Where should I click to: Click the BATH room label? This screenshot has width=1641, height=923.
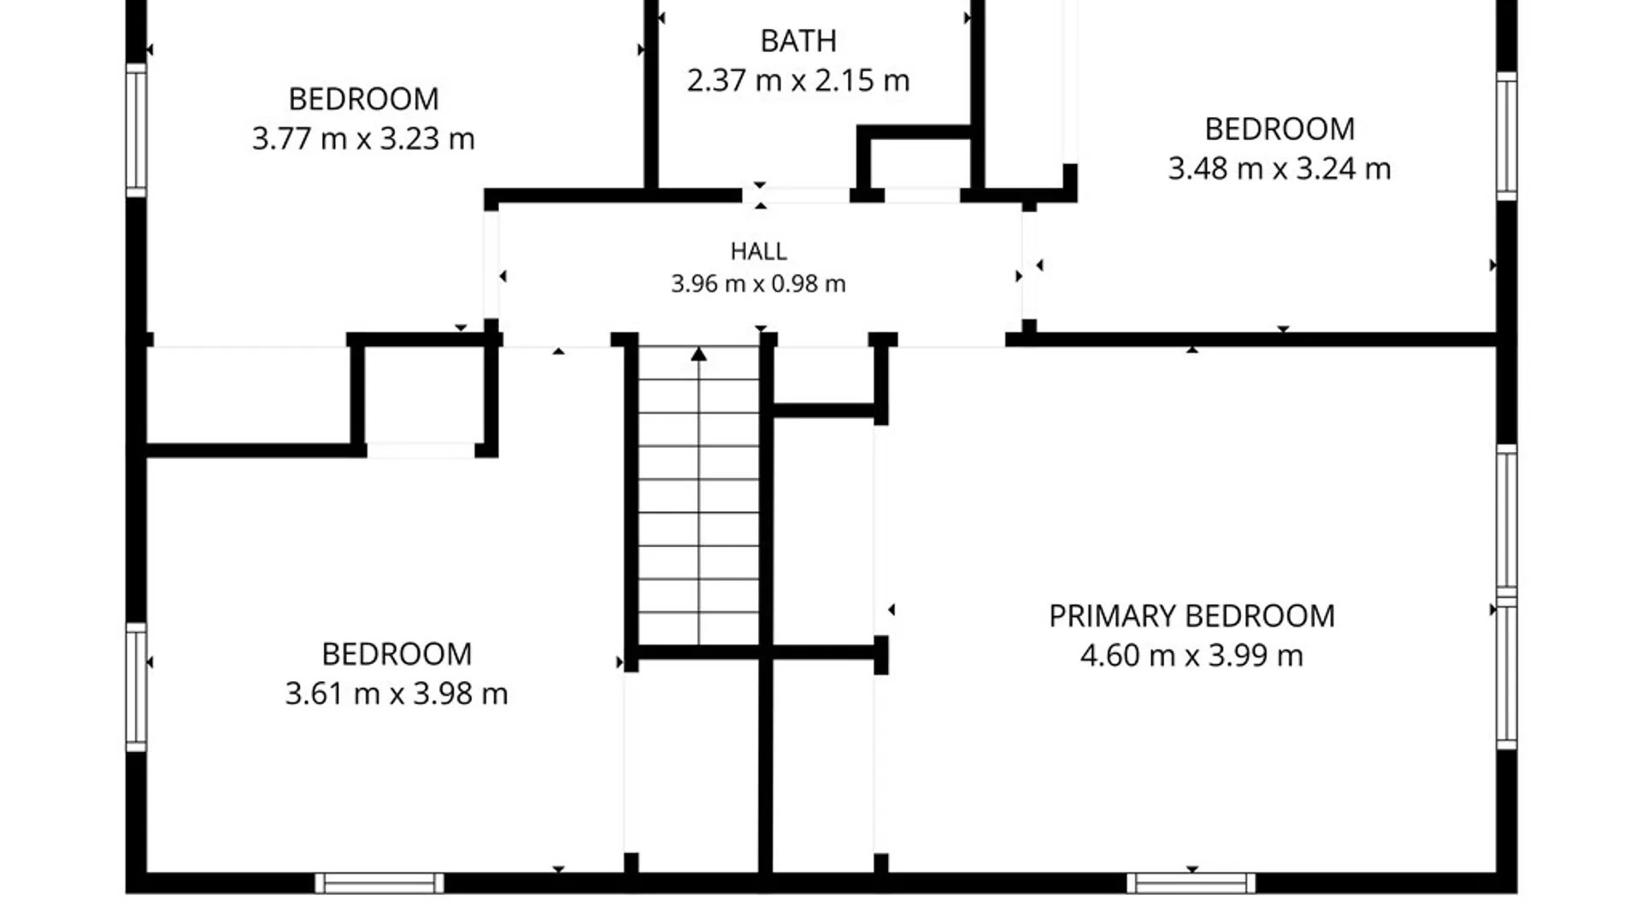click(798, 41)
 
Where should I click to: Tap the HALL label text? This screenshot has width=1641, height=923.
click(758, 251)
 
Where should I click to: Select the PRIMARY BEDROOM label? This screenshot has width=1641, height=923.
click(1191, 616)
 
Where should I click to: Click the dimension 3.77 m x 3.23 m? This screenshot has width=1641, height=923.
click(363, 138)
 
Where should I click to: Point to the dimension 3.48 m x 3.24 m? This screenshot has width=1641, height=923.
click(1279, 168)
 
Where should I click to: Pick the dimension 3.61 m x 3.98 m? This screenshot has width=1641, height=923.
click(397, 693)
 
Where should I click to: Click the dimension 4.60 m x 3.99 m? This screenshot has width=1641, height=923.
click(1191, 656)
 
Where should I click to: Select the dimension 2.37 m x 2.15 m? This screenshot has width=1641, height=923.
click(798, 80)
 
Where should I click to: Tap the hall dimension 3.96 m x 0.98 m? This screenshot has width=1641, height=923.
click(758, 284)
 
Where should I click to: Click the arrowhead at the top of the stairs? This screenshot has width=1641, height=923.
click(699, 354)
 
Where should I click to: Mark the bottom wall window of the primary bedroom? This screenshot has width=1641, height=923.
click(1191, 883)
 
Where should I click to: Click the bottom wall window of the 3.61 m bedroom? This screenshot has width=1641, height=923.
click(379, 883)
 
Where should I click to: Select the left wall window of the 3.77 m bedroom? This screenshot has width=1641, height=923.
click(137, 130)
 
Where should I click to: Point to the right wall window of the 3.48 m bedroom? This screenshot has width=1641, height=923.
click(1507, 137)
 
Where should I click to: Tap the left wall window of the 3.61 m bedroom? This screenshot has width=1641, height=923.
click(137, 687)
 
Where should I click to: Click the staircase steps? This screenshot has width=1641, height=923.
click(699, 496)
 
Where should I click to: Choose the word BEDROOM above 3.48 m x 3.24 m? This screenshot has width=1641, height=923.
click(1279, 129)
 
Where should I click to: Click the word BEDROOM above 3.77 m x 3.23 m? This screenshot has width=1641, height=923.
click(363, 99)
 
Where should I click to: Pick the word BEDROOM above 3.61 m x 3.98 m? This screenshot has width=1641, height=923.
click(397, 655)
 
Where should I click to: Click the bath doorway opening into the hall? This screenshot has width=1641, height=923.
click(796, 196)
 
